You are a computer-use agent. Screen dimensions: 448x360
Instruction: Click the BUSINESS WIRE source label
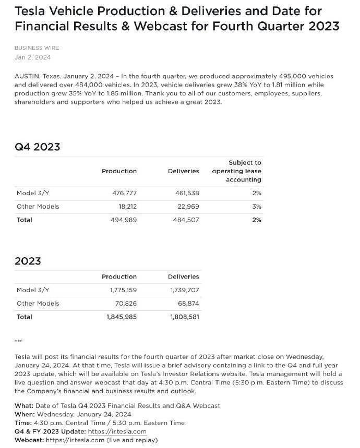(37, 47)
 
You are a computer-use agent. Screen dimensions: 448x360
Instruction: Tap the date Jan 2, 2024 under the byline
(32, 57)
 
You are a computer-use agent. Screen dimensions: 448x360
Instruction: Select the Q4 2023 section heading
(37, 147)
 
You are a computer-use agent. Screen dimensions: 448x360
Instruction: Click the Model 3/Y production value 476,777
(124, 193)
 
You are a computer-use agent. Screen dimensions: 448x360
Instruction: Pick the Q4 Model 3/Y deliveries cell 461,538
(186, 193)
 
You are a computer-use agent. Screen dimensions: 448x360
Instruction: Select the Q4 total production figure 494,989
(124, 220)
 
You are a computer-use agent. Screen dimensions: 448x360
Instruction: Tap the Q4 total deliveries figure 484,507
(185, 220)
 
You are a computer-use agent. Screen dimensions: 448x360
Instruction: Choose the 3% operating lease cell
(256, 207)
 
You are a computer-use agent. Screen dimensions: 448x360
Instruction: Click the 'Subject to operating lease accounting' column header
(237, 171)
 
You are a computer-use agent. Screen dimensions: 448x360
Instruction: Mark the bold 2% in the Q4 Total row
(256, 220)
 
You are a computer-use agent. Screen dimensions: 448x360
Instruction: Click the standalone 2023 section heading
(28, 260)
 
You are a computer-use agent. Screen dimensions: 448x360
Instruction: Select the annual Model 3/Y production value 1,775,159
(122, 290)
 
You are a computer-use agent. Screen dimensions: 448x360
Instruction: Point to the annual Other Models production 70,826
(126, 304)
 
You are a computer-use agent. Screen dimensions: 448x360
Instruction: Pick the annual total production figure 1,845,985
(122, 317)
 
